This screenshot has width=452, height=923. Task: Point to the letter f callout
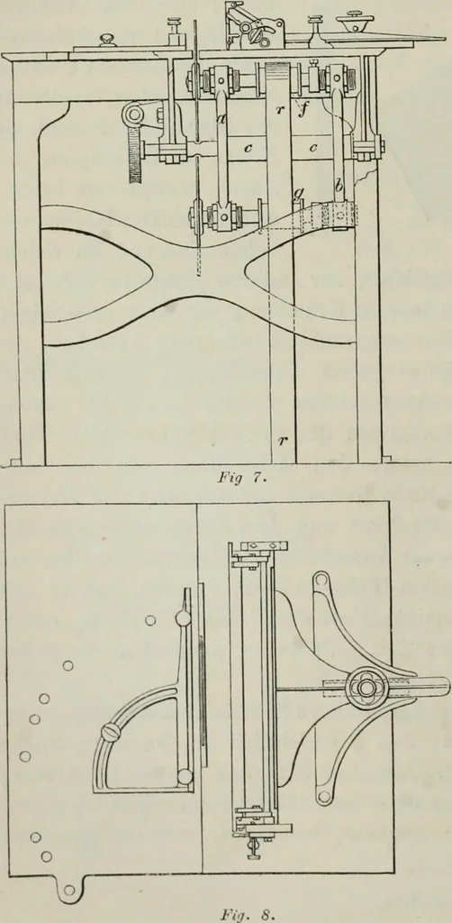click(303, 110)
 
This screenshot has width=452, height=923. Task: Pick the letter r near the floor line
click(282, 439)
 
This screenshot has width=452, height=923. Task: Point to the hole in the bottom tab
click(70, 890)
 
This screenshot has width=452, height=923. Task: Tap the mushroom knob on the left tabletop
click(107, 40)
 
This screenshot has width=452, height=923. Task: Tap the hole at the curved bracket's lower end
click(321, 798)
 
